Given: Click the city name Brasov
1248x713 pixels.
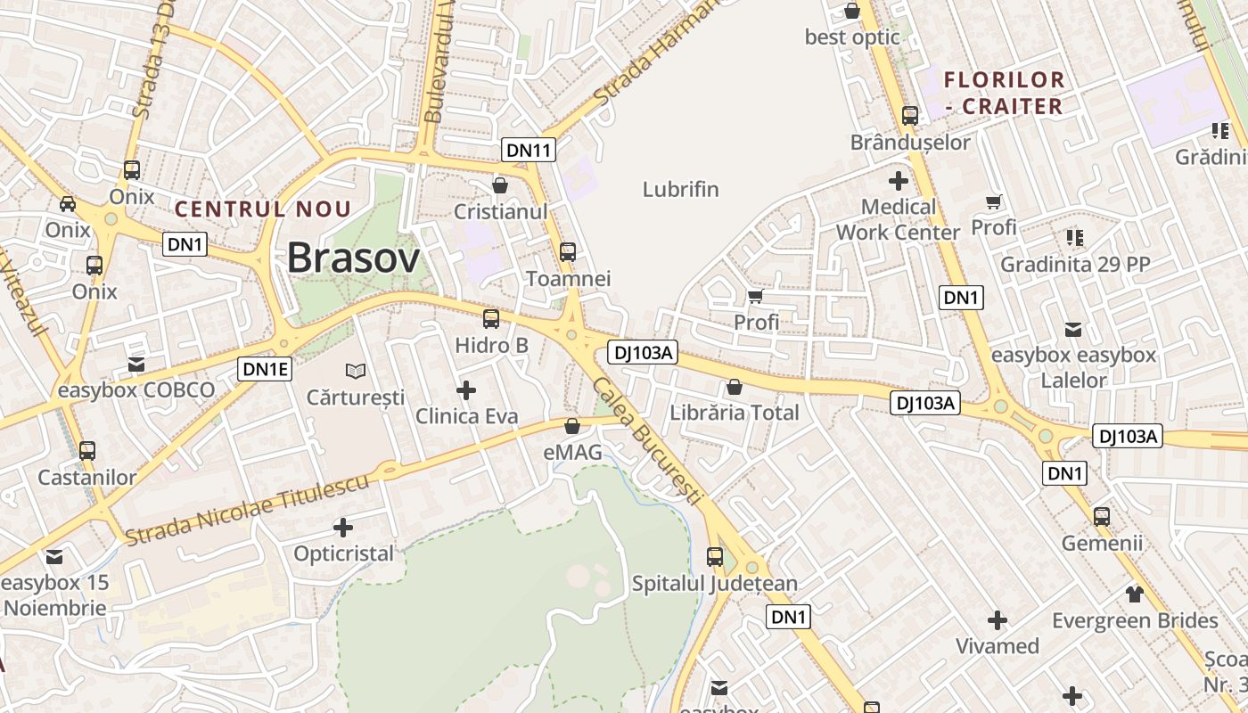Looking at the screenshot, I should [x=353, y=258].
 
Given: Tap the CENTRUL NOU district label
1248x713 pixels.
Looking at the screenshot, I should [x=263, y=209].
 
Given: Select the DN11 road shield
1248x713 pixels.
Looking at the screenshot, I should [x=529, y=150].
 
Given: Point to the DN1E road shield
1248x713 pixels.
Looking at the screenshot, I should [x=265, y=368].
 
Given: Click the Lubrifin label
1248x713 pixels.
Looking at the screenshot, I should [x=680, y=189].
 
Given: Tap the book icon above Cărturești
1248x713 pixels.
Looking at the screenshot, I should [x=355, y=371].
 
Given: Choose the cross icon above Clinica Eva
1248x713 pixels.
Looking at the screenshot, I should [x=465, y=389].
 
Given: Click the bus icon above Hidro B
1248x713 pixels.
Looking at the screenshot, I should [x=490, y=319].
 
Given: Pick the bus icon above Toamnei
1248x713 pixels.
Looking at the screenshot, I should [x=568, y=252].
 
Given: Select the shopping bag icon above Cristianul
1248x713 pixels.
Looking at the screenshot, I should [x=500, y=185].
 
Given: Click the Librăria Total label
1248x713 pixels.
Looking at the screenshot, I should [x=734, y=413].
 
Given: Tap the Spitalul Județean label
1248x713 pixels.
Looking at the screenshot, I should [x=714, y=584].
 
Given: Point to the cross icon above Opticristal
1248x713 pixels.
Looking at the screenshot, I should [x=342, y=528].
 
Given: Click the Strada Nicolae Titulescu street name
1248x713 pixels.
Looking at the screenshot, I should [x=247, y=511].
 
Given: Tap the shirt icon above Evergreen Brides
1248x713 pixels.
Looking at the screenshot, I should [x=1134, y=594].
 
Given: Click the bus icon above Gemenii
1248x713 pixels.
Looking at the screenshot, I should [x=1101, y=516].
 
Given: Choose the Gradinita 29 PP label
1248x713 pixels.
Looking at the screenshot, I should [x=1074, y=264].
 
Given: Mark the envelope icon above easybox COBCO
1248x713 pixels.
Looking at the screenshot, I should [x=135, y=364].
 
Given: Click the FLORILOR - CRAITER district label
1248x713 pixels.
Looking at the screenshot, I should [x=1004, y=93].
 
